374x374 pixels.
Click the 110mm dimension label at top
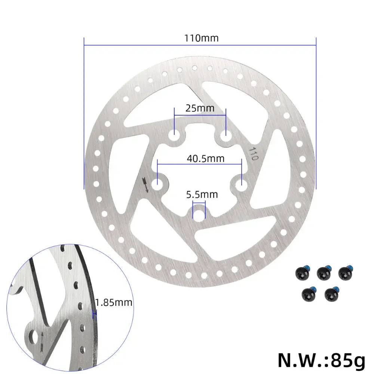tap(201, 38)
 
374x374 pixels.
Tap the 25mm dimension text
tap(200, 108)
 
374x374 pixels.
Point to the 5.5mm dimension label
tap(202, 194)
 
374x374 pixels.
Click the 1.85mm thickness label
tap(114, 303)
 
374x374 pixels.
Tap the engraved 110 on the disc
tap(253, 153)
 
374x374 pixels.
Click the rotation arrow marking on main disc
tap(145, 185)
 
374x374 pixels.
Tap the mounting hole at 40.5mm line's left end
tap(159, 183)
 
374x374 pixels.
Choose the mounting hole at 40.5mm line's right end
tap(241, 183)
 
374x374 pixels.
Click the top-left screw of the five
tap(302, 272)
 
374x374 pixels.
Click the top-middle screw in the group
tap(323, 272)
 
